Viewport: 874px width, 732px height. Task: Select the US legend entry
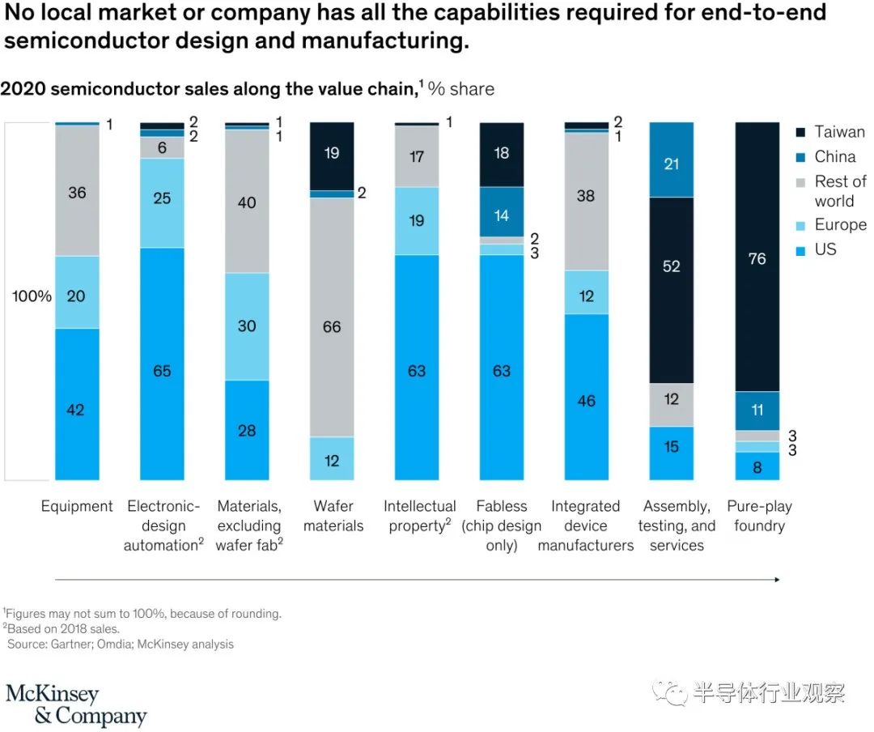pyautogui.click(x=825, y=249)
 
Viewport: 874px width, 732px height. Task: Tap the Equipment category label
pyautogui.click(x=77, y=507)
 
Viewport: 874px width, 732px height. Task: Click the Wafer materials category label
pyautogui.click(x=333, y=516)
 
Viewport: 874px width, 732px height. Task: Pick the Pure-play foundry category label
pyautogui.click(x=758, y=516)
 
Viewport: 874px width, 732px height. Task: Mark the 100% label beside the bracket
pyautogui.click(x=32, y=296)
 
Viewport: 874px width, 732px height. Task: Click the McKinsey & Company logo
pyautogui.click(x=76, y=704)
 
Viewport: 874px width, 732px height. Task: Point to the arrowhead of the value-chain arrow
pyautogui.click(x=777, y=580)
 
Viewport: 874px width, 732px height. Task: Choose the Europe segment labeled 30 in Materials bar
pyautogui.click(x=247, y=326)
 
